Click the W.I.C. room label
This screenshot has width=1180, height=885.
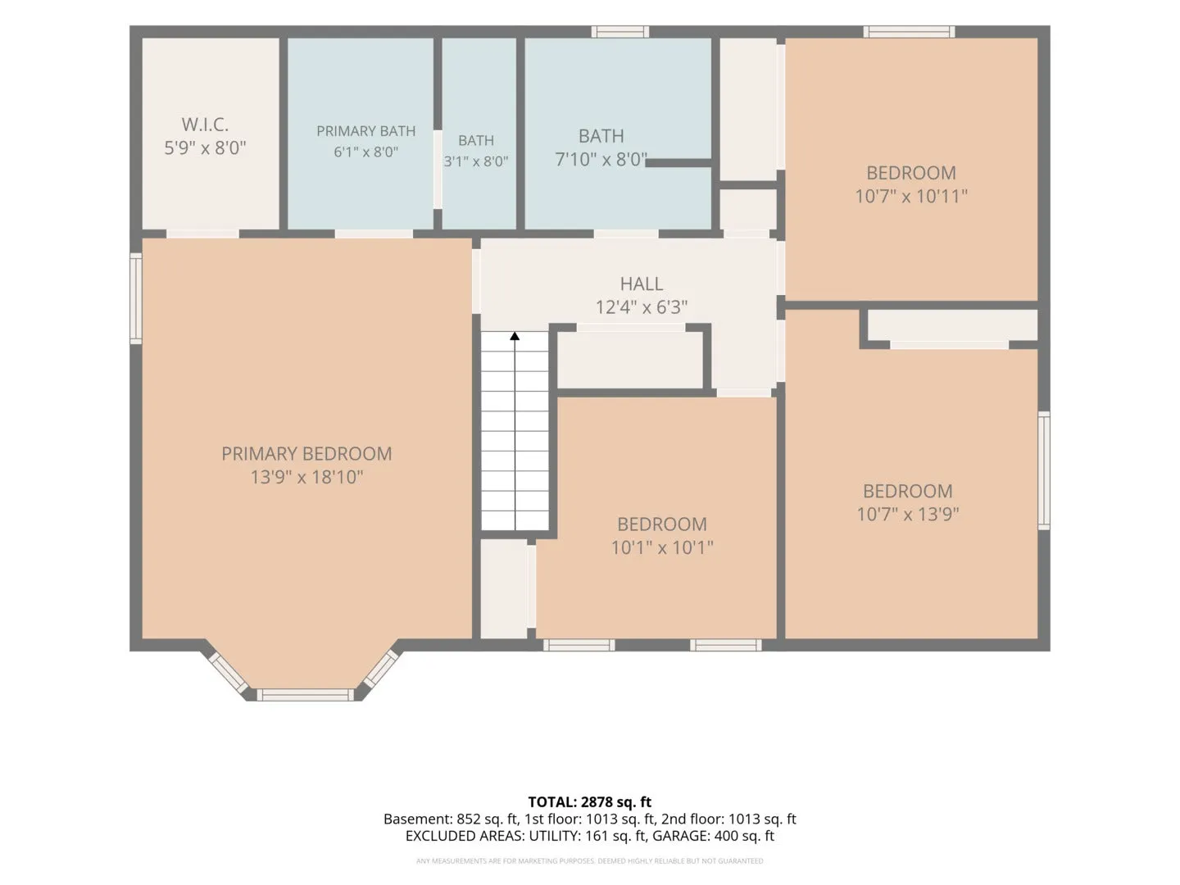click(x=205, y=125)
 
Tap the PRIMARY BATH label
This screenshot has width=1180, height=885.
click(x=365, y=131)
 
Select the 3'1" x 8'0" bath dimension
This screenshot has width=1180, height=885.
click(x=476, y=161)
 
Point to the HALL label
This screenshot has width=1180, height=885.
click(x=642, y=284)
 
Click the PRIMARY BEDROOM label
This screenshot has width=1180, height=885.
click(x=306, y=454)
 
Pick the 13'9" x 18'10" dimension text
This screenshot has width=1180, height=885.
click(x=306, y=477)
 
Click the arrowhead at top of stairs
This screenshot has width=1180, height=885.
click(x=515, y=336)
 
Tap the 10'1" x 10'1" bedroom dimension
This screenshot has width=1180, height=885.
click(x=662, y=547)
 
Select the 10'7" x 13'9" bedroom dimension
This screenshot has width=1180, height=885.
click(x=907, y=515)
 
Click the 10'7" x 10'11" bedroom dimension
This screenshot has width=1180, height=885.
click(x=911, y=196)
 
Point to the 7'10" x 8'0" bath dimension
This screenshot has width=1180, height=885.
click(x=601, y=160)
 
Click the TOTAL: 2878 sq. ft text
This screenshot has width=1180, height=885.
click(x=590, y=802)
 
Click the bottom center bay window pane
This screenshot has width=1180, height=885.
click(x=306, y=695)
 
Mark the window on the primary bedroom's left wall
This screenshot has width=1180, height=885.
click(x=136, y=299)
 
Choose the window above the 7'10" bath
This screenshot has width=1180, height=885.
click(x=619, y=32)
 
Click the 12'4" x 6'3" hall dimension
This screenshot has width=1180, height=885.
click(x=642, y=307)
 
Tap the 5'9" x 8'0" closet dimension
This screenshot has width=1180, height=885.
click(x=205, y=147)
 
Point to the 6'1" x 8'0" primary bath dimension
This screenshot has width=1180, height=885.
click(x=365, y=152)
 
